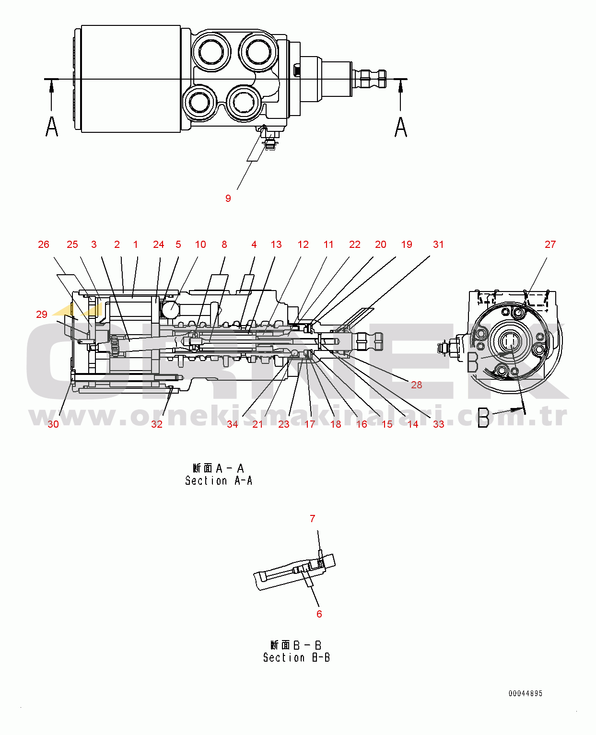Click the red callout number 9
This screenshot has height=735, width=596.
(228, 198)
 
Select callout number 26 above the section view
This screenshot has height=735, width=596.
(44, 245)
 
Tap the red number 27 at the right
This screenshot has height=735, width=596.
(550, 245)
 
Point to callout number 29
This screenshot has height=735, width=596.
(42, 315)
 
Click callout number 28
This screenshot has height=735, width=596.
(416, 385)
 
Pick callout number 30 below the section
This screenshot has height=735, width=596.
(53, 424)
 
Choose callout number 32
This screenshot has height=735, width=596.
(157, 424)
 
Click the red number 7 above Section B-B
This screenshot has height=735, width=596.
(313, 519)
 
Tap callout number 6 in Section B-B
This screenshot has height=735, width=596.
(319, 614)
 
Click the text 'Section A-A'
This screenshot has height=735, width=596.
(219, 480)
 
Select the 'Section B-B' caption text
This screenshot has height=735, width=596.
(296, 657)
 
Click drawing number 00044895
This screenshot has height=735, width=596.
(526, 693)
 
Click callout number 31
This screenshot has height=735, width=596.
(438, 245)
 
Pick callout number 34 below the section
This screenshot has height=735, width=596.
(233, 424)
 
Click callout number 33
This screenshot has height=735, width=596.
(438, 424)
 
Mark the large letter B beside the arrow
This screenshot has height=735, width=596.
(483, 418)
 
